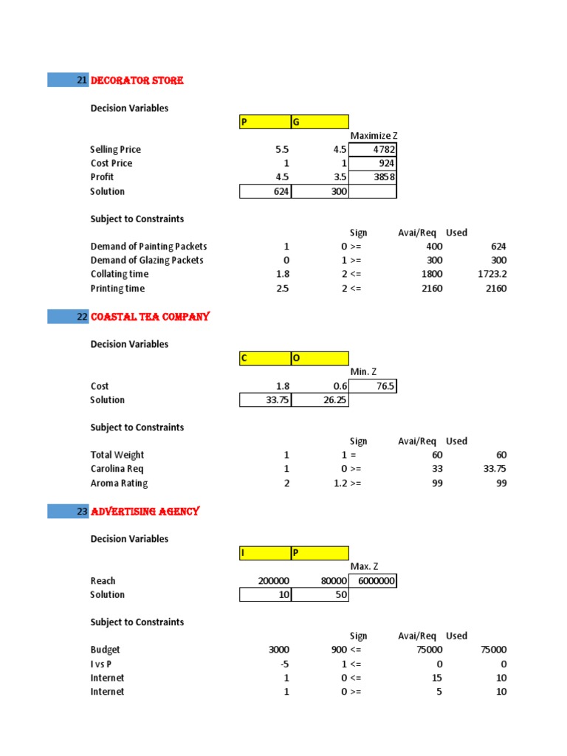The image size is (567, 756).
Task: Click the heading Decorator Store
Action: click(x=137, y=80)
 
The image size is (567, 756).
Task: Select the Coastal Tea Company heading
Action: click(x=150, y=317)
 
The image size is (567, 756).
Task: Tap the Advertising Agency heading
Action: click(x=145, y=511)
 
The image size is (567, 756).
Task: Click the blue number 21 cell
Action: click(x=68, y=80)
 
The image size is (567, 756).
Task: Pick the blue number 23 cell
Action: click(x=68, y=511)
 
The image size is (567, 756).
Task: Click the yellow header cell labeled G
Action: click(x=319, y=122)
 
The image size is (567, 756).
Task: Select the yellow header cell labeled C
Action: click(x=265, y=358)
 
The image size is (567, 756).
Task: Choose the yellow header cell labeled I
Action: click(x=265, y=553)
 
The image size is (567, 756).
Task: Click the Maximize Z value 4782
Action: click(x=373, y=150)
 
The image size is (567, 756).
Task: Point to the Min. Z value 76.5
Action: click(x=373, y=386)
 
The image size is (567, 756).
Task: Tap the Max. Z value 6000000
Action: click(x=373, y=581)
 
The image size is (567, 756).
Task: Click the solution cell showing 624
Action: click(x=266, y=192)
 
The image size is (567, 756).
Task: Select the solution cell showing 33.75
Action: click(x=266, y=400)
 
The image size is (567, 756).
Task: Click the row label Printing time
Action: click(x=117, y=288)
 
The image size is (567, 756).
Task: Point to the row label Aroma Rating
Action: click(x=119, y=483)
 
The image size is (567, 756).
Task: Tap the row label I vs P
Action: click(x=104, y=664)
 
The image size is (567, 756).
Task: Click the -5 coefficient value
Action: click(x=284, y=664)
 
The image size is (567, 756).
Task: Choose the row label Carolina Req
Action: click(x=117, y=469)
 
